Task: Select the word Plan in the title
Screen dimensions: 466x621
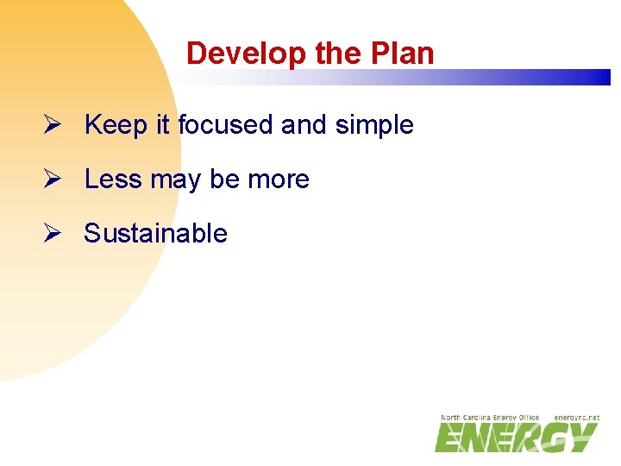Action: (405, 54)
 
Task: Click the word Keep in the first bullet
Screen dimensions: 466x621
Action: (116, 125)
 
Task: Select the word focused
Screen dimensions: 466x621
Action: (225, 125)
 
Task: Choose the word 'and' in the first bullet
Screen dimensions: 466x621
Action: (303, 125)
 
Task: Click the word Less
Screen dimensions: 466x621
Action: (114, 179)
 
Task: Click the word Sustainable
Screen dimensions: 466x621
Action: (155, 234)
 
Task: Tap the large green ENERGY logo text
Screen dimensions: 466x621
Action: (515, 438)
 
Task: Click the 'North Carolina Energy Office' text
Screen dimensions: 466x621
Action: (489, 418)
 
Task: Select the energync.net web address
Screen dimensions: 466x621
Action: (576, 418)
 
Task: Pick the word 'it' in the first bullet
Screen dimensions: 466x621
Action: (163, 125)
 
